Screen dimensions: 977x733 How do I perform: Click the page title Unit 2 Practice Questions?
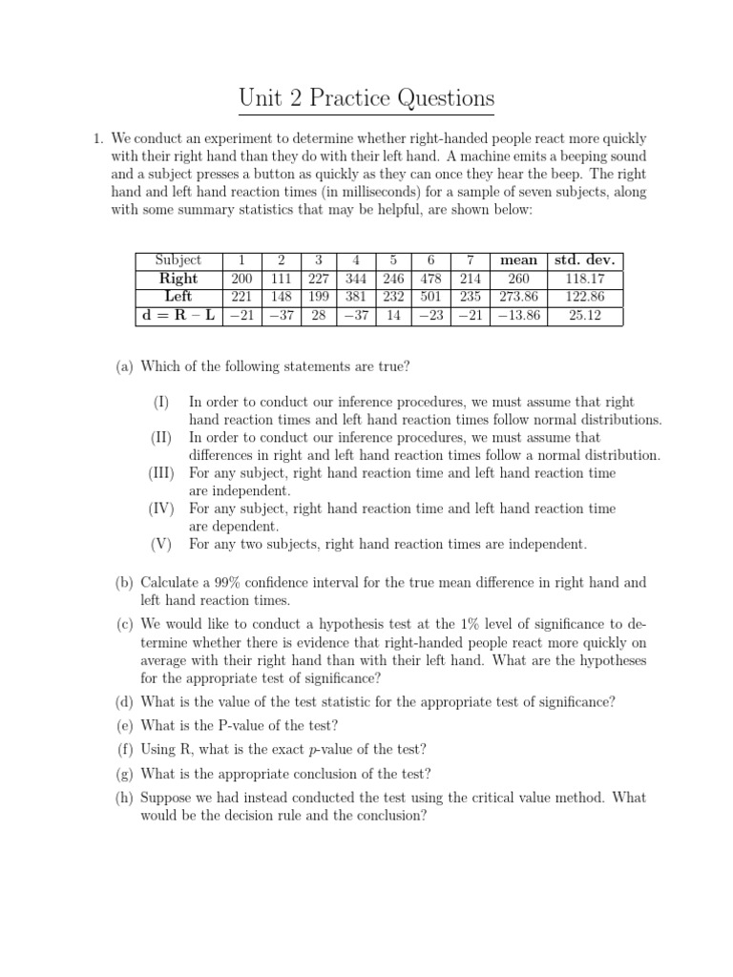[366, 98]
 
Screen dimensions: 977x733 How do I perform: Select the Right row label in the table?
[178, 279]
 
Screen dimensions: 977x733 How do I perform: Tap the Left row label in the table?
[178, 297]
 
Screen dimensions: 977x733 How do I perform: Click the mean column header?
[518, 260]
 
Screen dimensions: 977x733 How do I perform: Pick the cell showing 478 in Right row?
[431, 279]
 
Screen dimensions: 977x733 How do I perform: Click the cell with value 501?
[431, 297]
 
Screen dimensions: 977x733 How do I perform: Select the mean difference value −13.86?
[518, 315]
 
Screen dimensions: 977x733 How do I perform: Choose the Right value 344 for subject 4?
[354, 279]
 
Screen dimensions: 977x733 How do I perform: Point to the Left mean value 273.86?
[518, 297]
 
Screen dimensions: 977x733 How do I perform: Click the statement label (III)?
[162, 473]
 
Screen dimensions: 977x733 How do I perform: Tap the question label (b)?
[125, 582]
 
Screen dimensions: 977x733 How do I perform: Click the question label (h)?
[125, 798]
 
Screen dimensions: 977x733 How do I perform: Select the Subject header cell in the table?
[178, 260]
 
